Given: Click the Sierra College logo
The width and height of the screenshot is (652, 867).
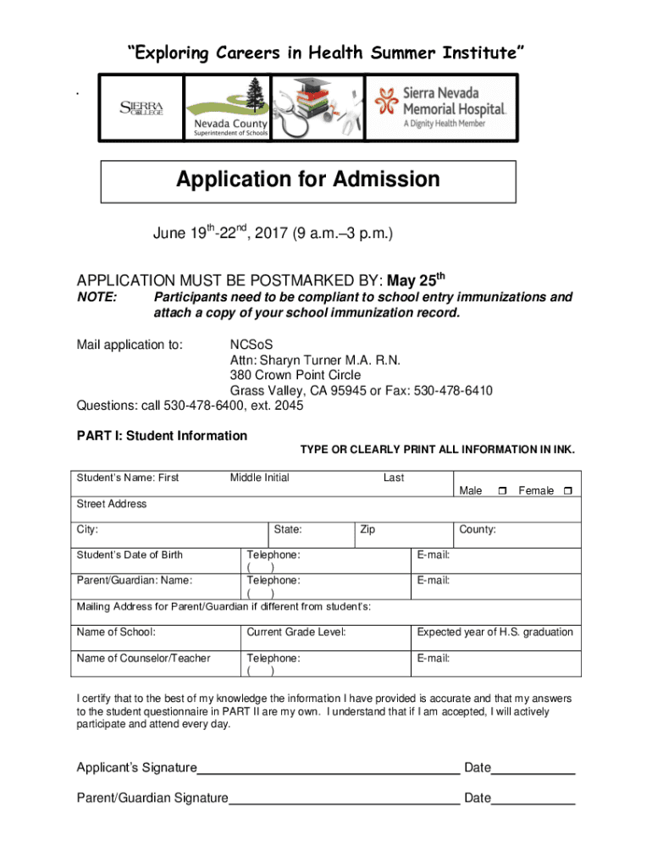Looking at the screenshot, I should (141, 109).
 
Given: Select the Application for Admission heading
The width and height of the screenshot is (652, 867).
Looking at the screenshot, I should (308, 179).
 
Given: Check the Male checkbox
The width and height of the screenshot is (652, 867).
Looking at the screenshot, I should (503, 491).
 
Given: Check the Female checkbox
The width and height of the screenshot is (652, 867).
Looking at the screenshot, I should (567, 491).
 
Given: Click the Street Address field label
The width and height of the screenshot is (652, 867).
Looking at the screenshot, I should (112, 504).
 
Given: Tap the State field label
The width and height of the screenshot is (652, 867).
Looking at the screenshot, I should (288, 530).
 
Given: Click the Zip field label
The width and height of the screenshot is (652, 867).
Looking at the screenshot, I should (367, 530).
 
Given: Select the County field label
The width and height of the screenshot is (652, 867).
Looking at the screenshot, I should (477, 530).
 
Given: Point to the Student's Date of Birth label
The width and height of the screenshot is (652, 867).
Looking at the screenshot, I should (130, 555).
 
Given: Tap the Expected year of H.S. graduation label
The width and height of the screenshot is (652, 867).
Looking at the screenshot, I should (495, 632).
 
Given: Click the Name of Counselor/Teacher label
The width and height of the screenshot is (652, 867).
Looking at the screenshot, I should (143, 658).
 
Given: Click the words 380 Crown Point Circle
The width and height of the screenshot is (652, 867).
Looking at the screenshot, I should (296, 375).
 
